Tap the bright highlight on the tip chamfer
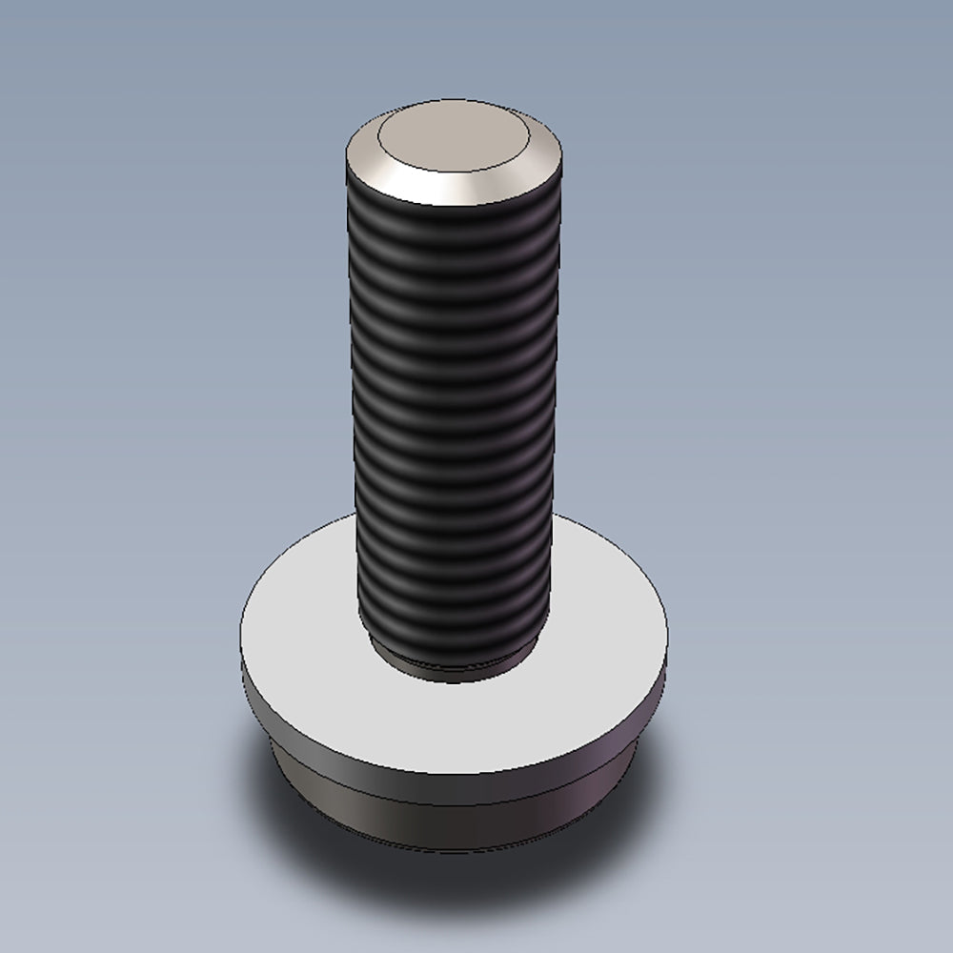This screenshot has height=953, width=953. [x=467, y=187]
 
